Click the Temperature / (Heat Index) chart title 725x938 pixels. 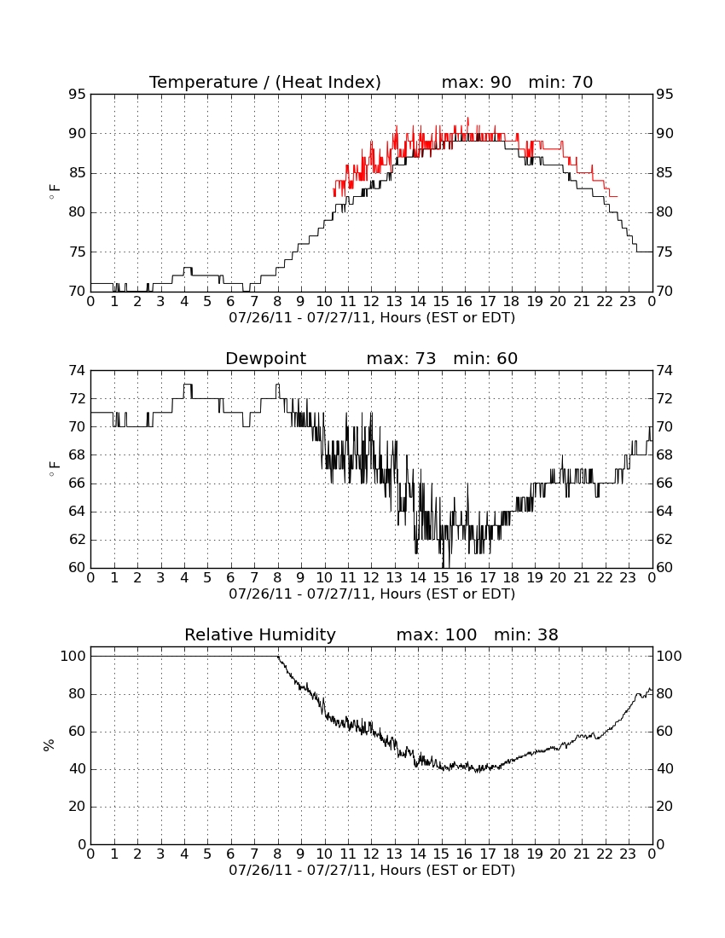pyautogui.click(x=265, y=82)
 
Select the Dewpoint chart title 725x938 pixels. pyautogui.click(x=265, y=358)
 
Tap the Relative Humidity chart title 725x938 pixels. pyautogui.click(x=260, y=634)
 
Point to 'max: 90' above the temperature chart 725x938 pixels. pyautogui.click(x=477, y=82)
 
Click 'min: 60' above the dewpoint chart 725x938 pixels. pyautogui.click(x=485, y=358)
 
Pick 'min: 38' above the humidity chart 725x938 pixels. pyautogui.click(x=525, y=634)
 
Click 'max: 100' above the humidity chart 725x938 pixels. pyautogui.click(x=437, y=634)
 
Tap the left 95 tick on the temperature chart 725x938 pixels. pyautogui.click(x=77, y=95)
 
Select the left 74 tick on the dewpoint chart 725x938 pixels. pyautogui.click(x=77, y=371)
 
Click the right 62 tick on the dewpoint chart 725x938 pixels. pyautogui.click(x=664, y=540)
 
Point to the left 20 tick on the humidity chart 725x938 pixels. pyautogui.click(x=77, y=807)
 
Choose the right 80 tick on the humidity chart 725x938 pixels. pyautogui.click(x=664, y=694)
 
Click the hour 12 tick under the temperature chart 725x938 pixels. pyautogui.click(x=371, y=302)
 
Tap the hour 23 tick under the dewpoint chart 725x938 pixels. pyautogui.click(x=628, y=578)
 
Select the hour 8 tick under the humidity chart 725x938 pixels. pyautogui.click(x=277, y=854)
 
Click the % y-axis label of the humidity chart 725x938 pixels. pyautogui.click(x=49, y=745)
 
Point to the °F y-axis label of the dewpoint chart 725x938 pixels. pyautogui.click(x=54, y=469)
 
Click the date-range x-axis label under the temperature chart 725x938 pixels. pyautogui.click(x=372, y=318)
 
